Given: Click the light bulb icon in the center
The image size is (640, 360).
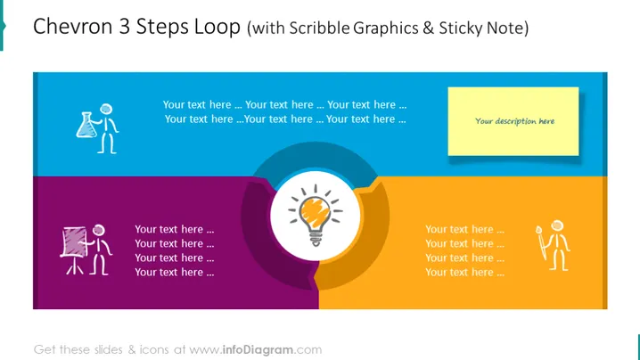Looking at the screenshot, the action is (x=316, y=215).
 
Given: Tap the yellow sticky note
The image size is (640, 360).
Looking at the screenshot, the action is (x=513, y=121).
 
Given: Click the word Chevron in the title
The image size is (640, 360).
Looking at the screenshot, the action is (x=73, y=27).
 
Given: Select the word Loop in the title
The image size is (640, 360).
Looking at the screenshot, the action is (x=217, y=28).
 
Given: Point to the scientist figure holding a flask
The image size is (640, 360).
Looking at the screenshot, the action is (x=97, y=128).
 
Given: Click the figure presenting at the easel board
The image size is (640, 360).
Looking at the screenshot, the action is (x=86, y=250).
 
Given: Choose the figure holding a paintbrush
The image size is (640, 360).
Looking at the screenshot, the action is (x=553, y=246).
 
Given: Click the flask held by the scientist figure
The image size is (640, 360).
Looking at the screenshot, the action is (x=86, y=125).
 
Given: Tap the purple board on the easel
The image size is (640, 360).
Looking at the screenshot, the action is (x=75, y=242).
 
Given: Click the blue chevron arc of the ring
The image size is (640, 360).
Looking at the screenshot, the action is (x=315, y=156).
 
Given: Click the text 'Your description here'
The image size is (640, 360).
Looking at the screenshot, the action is (x=514, y=121).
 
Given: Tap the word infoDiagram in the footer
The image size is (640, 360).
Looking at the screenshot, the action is (x=258, y=350).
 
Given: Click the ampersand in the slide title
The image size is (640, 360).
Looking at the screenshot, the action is (x=428, y=29).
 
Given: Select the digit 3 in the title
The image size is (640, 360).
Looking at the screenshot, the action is (x=125, y=27).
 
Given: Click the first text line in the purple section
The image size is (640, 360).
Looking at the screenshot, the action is (x=175, y=229).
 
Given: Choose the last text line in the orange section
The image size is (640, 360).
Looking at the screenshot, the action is (x=464, y=273).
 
